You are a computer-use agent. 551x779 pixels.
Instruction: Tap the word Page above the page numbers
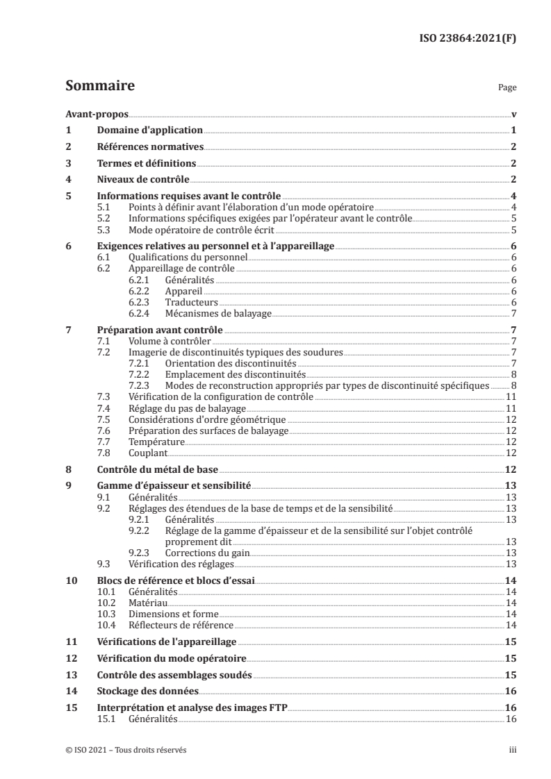click(x=507, y=89)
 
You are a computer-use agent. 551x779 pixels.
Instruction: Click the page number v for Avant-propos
click(x=513, y=115)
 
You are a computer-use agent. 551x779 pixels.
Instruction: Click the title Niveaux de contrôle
click(x=140, y=179)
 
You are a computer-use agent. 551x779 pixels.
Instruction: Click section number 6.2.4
click(x=141, y=314)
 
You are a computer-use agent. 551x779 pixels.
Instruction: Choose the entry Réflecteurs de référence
click(x=181, y=625)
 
